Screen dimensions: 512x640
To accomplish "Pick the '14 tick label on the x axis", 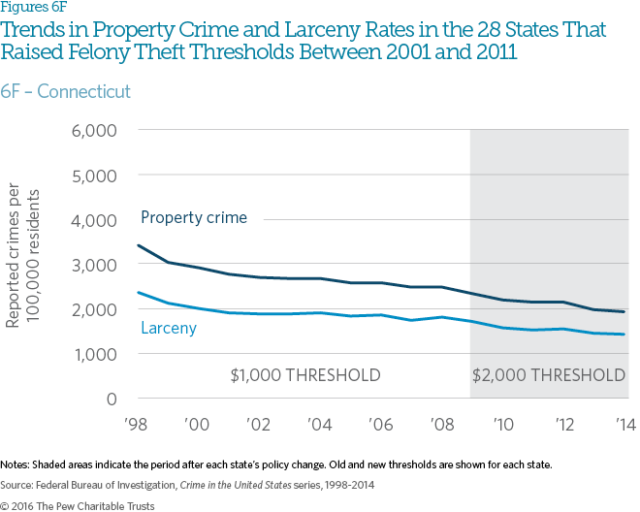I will point(624,424).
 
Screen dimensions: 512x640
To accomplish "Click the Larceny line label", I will point(169,328).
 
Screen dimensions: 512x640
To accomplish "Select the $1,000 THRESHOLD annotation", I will point(304,375).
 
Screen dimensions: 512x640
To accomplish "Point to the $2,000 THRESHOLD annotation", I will point(549,375).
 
